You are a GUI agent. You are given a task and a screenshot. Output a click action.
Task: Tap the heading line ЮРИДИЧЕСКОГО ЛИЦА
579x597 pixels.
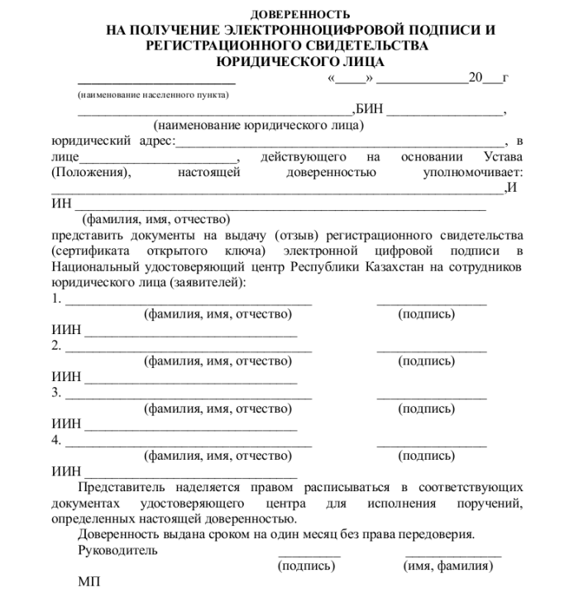point(300,60)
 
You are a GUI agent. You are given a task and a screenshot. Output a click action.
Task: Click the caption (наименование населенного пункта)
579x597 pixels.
point(153,95)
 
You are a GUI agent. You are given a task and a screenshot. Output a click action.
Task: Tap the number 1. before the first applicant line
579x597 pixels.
point(56,298)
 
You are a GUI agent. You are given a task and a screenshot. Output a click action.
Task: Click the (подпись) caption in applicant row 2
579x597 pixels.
point(427,361)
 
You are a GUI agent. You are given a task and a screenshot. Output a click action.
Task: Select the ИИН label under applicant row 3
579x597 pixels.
point(66,424)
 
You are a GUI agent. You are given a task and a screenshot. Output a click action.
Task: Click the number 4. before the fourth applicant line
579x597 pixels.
point(56,440)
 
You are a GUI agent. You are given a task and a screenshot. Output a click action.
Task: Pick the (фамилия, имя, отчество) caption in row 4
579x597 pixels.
point(218,456)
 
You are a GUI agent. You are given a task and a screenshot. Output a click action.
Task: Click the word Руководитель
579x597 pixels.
point(117,550)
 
